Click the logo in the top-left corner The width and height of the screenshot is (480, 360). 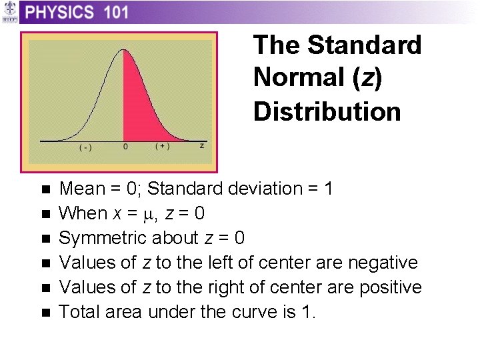point(9,13)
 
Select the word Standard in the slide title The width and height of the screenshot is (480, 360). point(365,45)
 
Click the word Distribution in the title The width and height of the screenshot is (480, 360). point(327,111)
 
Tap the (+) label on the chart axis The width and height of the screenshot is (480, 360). point(162,146)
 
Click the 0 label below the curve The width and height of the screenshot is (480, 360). point(125,147)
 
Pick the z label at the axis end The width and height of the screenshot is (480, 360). point(202,145)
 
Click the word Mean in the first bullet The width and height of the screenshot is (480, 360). point(81,189)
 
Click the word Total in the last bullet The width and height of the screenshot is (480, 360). point(77,312)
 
